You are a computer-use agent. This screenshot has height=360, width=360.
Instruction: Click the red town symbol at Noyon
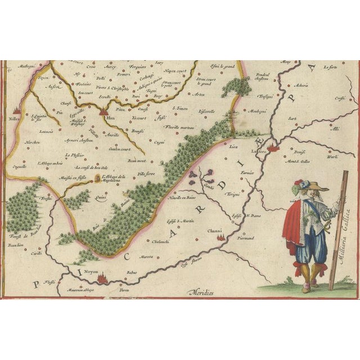point(102,277)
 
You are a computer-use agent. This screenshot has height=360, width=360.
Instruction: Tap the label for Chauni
point(218,230)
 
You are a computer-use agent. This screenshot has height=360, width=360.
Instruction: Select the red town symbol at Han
point(103,112)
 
